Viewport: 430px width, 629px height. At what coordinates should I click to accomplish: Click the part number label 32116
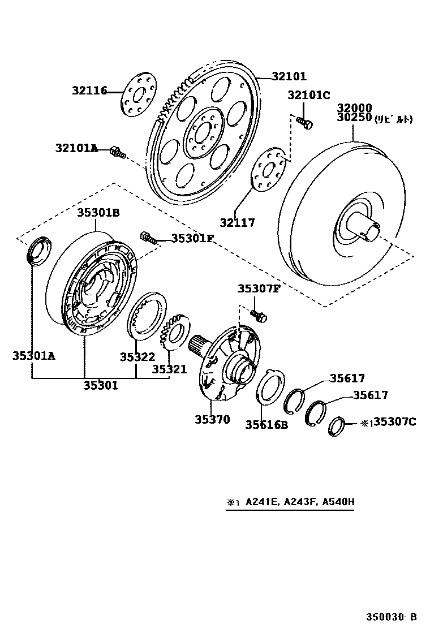click(x=89, y=91)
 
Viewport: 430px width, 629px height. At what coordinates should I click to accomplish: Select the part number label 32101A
click(x=76, y=148)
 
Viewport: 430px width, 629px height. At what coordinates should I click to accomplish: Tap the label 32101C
click(x=308, y=95)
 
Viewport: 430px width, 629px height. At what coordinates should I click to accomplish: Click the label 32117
click(x=238, y=223)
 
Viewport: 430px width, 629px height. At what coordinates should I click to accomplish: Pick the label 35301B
click(x=98, y=213)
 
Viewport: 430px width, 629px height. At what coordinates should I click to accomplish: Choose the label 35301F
click(x=192, y=239)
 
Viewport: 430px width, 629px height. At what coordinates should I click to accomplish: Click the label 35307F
click(x=259, y=288)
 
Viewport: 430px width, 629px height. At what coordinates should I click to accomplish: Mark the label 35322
click(x=137, y=357)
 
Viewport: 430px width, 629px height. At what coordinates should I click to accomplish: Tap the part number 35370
click(x=213, y=419)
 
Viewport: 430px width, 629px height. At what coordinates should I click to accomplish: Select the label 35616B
click(x=266, y=425)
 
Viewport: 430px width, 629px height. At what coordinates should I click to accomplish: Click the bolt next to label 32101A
click(x=118, y=151)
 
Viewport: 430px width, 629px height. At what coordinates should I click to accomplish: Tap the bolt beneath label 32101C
click(x=304, y=121)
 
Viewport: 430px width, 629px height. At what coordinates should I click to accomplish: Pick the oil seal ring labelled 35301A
click(x=39, y=251)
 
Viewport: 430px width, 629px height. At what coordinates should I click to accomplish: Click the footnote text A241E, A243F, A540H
click(x=299, y=502)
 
